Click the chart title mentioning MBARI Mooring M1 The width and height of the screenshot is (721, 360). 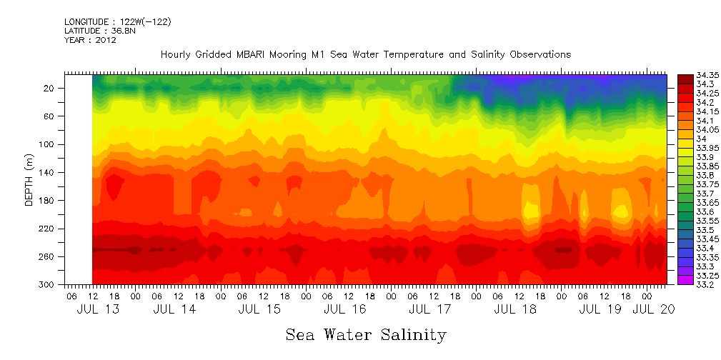click(365, 54)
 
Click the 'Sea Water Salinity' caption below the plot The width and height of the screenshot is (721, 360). click(366, 334)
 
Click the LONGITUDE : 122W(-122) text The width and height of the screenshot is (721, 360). click(117, 22)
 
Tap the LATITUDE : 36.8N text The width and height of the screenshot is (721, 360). click(100, 31)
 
